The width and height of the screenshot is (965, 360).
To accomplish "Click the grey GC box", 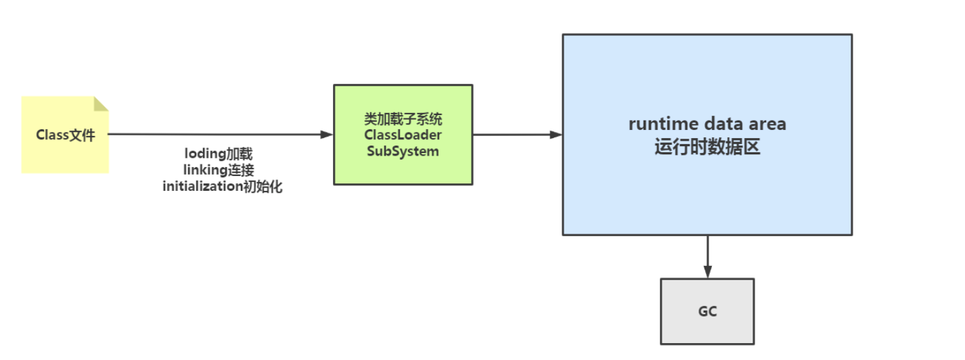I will [707, 328].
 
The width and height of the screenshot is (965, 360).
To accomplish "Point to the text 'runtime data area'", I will [707, 125].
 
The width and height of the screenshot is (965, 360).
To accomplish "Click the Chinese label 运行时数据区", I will [707, 148].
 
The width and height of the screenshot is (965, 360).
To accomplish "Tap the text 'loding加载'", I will [219, 154].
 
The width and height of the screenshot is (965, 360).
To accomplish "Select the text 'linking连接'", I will [219, 171].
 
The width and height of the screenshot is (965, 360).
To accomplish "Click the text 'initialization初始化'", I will [223, 187].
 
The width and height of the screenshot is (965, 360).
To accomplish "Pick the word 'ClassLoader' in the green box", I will [403, 135].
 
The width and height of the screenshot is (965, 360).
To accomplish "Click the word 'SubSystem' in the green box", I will [403, 152].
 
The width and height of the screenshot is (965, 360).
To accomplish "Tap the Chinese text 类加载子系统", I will [403, 119].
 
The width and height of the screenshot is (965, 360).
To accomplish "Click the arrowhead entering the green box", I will [327, 134].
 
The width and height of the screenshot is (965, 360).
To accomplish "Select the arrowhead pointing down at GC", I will [707, 272].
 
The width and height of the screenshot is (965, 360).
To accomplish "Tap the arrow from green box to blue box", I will [514, 134].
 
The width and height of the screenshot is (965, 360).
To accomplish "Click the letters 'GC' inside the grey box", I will [707, 312].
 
